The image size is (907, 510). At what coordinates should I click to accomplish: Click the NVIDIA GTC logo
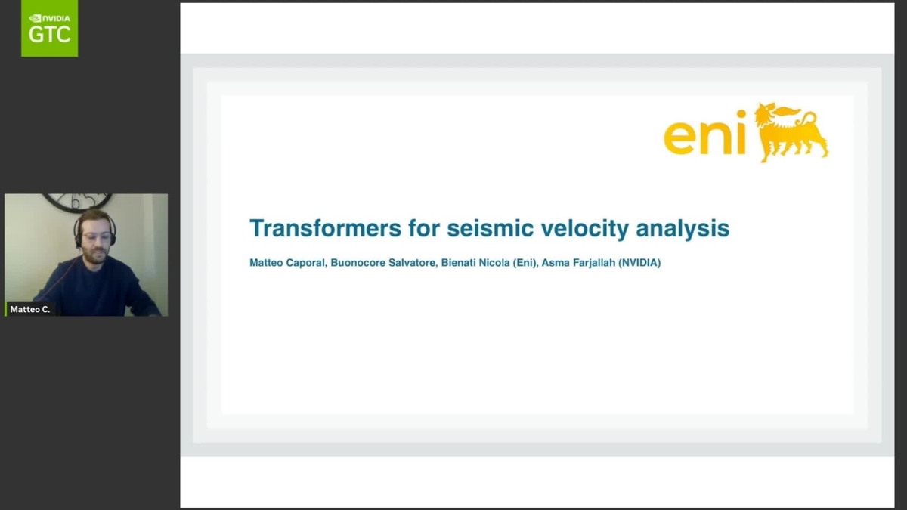coord(49,28)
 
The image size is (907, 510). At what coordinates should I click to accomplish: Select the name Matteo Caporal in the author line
coord(288,264)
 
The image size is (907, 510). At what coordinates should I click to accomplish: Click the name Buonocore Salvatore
coord(383,264)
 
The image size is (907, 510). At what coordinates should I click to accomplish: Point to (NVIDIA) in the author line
coord(639,264)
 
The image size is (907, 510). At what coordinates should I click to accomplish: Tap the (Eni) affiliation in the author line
coord(522,264)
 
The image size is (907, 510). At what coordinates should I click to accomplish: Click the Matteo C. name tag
coord(30,309)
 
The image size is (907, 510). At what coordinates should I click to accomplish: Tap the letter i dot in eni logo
coord(741,115)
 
